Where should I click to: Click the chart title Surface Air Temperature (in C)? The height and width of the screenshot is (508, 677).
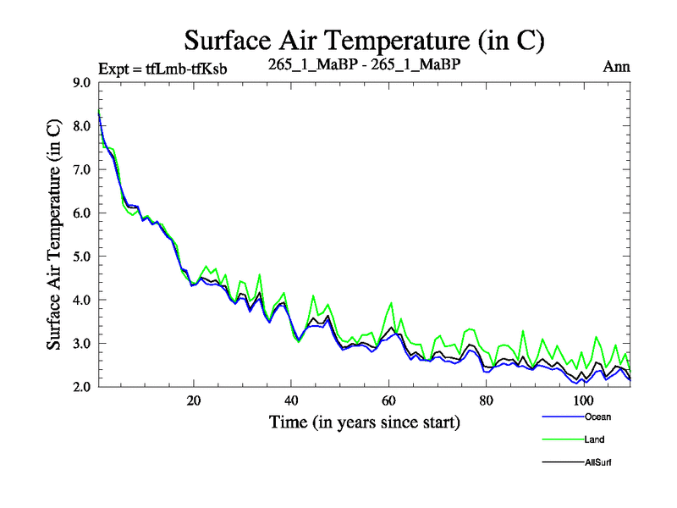364,40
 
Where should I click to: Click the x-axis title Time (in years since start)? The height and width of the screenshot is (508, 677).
364,421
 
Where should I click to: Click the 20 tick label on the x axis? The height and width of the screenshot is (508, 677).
194,400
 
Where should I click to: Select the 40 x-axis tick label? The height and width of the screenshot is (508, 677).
291,400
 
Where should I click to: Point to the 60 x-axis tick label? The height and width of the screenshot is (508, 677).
388,400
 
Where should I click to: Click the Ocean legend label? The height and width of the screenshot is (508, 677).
596,417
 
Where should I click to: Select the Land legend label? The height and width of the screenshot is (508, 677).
593,439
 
